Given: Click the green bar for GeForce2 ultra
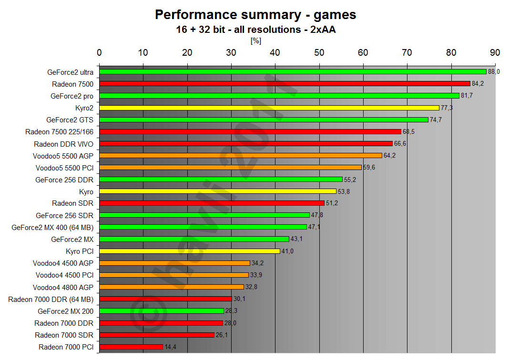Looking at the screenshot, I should coord(293,72).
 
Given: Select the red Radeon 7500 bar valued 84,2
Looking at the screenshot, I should coord(285,84).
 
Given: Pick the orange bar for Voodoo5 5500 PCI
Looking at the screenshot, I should coord(230,168).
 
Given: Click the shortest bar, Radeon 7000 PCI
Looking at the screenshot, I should coord(131,347).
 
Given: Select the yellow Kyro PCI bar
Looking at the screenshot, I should coord(190,251).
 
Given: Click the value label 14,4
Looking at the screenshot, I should coord(170,347).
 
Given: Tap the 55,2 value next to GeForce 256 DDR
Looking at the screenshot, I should coord(350,180).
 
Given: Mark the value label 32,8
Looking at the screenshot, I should coord(251,287).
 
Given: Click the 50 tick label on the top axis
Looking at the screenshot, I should coord(319,52).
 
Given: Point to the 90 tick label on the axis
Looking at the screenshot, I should coord(495,52).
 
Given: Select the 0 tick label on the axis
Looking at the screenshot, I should coord(99,52).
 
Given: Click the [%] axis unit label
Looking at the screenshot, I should coord(255,41).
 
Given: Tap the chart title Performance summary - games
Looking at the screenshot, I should coord(255,15).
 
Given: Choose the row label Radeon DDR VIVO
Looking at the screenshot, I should coord(63,144).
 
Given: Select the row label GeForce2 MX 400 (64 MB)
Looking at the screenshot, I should coord(52,227).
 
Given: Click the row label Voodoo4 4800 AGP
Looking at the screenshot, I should coord(63,287).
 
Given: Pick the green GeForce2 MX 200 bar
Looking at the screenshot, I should coord(162,311).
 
